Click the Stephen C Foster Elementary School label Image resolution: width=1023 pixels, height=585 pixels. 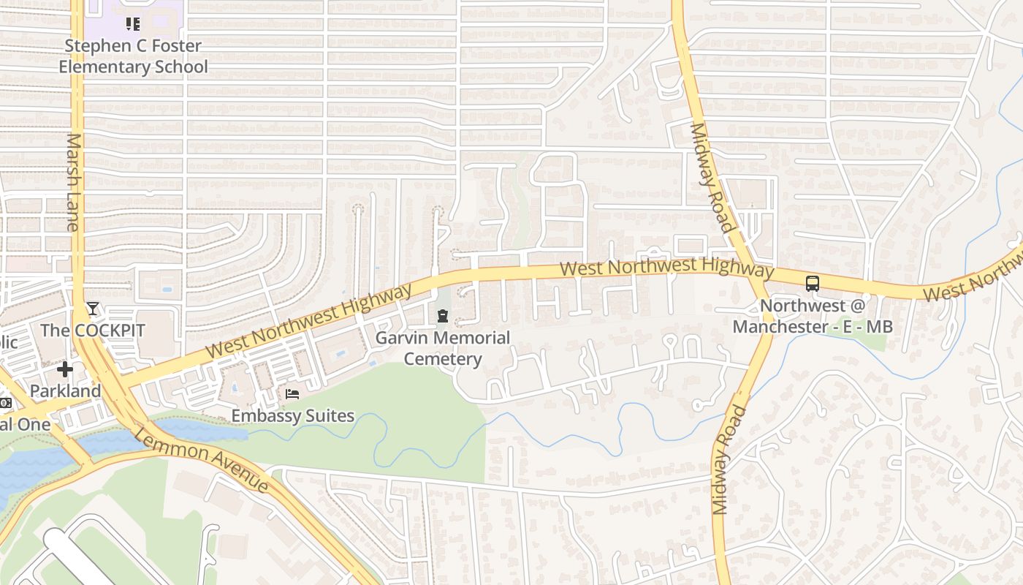[133, 56]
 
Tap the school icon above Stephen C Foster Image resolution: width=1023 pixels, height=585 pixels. [132, 24]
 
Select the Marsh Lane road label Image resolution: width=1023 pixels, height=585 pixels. [73, 182]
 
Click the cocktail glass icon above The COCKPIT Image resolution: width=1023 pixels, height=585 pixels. [93, 309]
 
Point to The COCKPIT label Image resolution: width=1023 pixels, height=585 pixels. [93, 330]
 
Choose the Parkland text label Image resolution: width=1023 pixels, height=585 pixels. [65, 390]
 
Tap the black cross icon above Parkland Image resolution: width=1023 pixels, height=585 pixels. [65, 369]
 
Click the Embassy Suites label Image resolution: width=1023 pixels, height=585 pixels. [292, 416]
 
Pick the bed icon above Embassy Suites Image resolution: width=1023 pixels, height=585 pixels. [292, 395]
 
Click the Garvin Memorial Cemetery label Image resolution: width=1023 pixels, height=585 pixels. [442, 348]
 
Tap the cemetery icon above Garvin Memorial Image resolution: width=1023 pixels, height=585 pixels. [442, 317]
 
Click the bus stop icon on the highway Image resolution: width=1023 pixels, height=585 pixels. [813, 284]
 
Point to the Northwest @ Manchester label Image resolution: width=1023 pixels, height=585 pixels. [813, 316]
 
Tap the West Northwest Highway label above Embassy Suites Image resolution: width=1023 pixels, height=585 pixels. [309, 321]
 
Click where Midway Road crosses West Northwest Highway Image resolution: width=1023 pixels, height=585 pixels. [760, 275]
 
